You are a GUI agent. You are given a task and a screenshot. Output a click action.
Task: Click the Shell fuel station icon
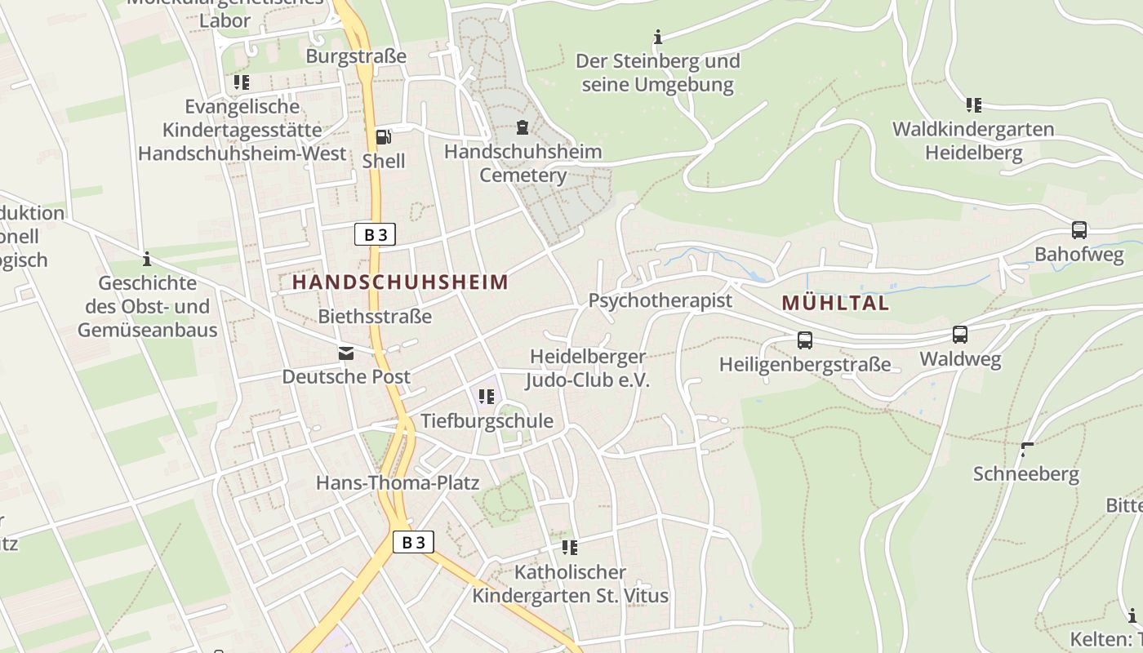click(x=383, y=137)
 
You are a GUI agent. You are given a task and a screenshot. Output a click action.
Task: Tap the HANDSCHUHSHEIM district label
click(x=400, y=282)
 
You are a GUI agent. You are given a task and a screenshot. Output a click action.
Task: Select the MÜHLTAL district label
click(x=834, y=303)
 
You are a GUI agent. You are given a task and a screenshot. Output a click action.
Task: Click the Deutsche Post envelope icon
click(x=346, y=353)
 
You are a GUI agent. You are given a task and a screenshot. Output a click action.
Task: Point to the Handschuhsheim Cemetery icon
click(x=523, y=127)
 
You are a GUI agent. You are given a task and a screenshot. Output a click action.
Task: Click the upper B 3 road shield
click(x=376, y=235)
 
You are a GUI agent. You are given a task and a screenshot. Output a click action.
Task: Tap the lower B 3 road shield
click(x=413, y=542)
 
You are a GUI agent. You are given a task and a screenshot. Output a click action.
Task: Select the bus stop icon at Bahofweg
click(x=1079, y=230)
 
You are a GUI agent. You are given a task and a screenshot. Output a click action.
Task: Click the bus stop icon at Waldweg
click(x=959, y=335)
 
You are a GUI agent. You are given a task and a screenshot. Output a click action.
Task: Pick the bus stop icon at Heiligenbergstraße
click(x=804, y=340)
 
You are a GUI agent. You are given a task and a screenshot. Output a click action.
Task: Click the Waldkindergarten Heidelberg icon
click(x=973, y=105)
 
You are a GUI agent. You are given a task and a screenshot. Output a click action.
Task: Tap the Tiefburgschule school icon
click(x=487, y=398)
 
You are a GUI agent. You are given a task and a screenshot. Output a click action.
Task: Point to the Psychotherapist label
click(x=660, y=300)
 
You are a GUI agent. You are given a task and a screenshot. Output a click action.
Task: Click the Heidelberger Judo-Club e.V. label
click(x=588, y=368)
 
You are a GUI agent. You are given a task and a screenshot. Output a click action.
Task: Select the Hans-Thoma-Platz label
click(x=398, y=482)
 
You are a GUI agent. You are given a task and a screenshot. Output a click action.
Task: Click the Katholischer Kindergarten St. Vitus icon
click(x=570, y=548)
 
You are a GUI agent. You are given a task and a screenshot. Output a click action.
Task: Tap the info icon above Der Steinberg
click(x=658, y=37)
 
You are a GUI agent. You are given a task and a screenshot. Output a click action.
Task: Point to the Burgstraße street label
click(x=356, y=56)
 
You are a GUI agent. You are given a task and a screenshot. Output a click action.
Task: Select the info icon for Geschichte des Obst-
click(x=147, y=260)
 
